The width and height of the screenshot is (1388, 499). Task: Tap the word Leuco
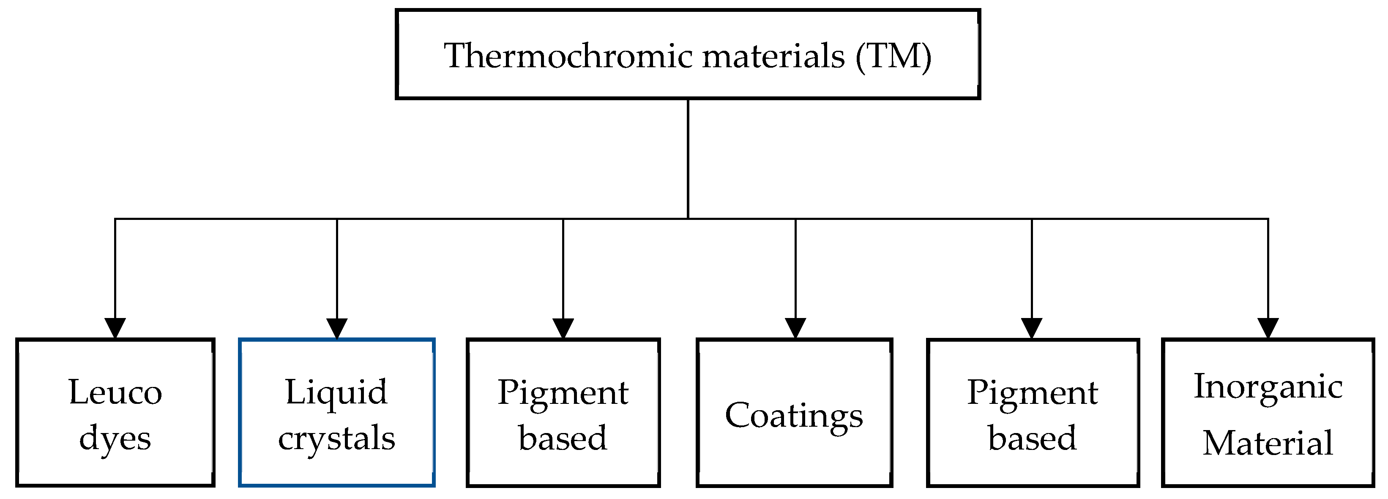(115, 392)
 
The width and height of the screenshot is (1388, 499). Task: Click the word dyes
(115, 439)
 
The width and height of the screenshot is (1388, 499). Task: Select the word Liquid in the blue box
(336, 392)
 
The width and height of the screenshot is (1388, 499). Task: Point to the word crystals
(336, 439)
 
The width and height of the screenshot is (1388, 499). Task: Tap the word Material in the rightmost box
(1268, 443)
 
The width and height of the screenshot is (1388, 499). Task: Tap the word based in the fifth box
(1032, 439)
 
